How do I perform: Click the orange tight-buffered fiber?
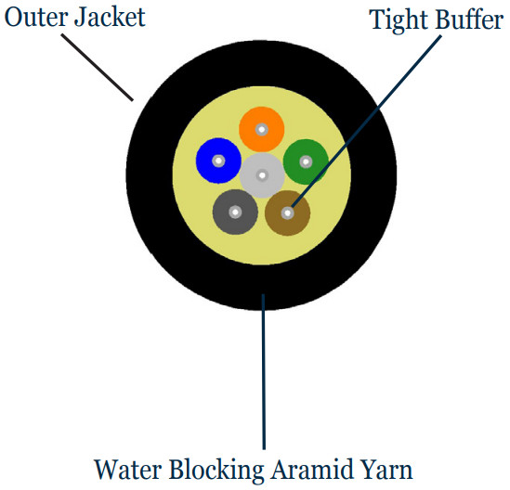pos(262,129)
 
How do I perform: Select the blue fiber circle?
pos(218,161)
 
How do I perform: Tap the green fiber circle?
pos(306,161)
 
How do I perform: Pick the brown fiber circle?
pos(288,213)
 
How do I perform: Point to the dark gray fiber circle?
pos(235,212)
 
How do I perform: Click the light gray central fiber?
pos(262,175)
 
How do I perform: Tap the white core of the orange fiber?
pos(262,129)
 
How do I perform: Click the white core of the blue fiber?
pos(218,161)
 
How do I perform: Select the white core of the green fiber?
pos(306,161)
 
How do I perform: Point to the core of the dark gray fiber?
pos(235,213)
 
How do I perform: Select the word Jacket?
pos(110,18)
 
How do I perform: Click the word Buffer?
pos(470,19)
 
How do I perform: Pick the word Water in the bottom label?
pos(128,470)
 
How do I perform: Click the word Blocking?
pos(216,471)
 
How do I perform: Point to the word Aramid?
pos(312,470)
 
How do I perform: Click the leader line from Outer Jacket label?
pos(98,68)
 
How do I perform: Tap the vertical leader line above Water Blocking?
pos(264,372)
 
